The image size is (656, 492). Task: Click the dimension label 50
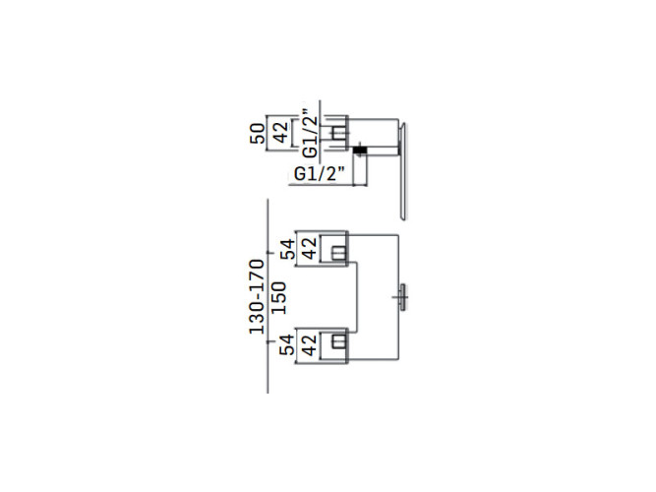[258, 133]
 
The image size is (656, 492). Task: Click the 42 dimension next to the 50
[280, 132]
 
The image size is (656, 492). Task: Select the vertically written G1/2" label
[310, 134]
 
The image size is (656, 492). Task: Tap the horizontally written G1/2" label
[320, 174]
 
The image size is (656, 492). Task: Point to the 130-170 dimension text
[257, 296]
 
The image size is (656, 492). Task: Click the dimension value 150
[279, 298]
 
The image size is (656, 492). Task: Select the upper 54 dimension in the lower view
[287, 249]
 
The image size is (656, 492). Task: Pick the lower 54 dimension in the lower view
[287, 345]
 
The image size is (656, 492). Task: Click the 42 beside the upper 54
[309, 248]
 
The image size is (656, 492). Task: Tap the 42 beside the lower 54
[309, 345]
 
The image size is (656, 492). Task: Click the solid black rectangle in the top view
[359, 150]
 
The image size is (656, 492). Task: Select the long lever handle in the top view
[402, 171]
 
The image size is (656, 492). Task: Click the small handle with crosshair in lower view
[402, 297]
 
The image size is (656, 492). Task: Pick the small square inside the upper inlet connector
[338, 254]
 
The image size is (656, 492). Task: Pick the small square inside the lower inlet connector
[338, 341]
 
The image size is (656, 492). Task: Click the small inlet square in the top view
[339, 133]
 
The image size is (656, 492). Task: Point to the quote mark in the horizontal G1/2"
[341, 168]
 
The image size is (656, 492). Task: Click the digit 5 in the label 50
[258, 139]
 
